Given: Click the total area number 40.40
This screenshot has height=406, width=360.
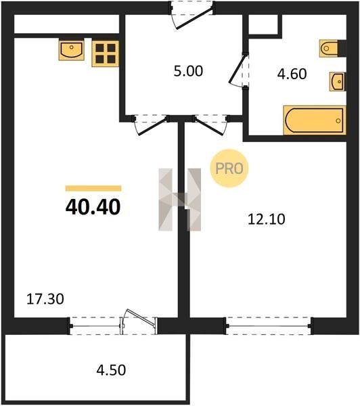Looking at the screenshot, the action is [93, 207].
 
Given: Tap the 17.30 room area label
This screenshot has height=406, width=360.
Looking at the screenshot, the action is [45, 299].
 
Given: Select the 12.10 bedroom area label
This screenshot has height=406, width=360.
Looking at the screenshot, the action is [267, 219].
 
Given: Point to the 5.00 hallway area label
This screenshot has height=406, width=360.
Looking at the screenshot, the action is [188, 71].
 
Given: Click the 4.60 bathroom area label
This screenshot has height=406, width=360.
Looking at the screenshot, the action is [292, 74].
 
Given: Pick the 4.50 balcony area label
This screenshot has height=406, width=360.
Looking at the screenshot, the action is [111, 370].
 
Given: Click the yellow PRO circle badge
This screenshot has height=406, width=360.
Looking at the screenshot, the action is [229, 168].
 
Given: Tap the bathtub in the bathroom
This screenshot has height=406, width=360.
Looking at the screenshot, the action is [315, 120].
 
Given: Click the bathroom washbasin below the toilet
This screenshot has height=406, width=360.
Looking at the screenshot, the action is [337, 82].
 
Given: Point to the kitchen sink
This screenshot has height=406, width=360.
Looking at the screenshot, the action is [72, 49].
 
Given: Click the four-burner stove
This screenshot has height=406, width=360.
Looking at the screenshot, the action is [106, 53].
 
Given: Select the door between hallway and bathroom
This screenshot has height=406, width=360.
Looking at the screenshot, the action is [239, 70].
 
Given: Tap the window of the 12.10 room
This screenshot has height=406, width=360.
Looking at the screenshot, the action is [269, 325].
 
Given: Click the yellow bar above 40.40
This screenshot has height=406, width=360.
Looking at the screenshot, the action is [93, 188].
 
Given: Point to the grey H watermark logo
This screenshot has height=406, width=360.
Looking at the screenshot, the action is [180, 200].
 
